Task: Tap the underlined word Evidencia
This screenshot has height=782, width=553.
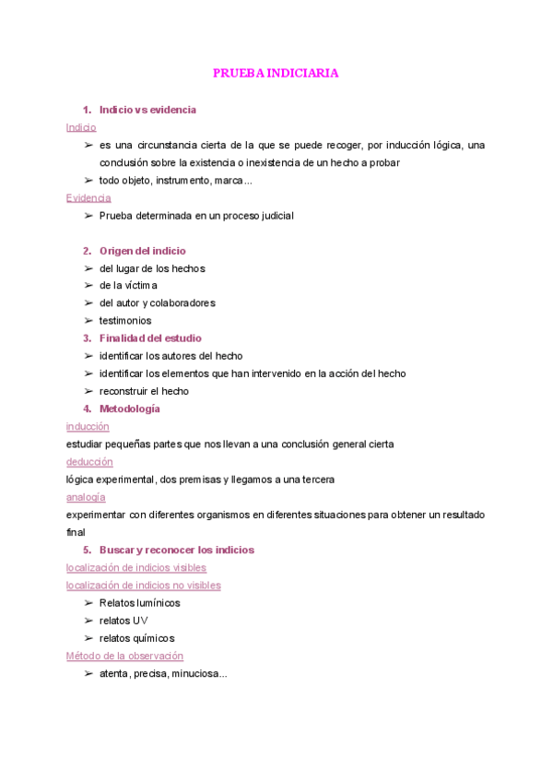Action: pos(88,197)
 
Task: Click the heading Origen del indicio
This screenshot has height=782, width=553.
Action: pos(142,251)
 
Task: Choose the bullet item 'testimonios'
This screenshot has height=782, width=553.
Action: pos(125,321)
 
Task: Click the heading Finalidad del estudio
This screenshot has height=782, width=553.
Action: pos(150,338)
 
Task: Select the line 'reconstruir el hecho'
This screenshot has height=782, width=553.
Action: pos(144,391)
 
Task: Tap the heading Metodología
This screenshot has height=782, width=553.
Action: pos(130,409)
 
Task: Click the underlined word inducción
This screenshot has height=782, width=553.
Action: pos(88,426)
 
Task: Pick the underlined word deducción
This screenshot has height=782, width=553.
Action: pos(89,461)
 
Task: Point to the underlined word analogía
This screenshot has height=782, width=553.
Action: pos(86,497)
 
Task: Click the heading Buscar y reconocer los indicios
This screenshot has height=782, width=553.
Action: pos(177,550)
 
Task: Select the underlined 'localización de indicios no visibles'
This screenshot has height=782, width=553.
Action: pos(144,585)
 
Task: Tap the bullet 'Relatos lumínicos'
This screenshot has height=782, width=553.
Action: pos(139,603)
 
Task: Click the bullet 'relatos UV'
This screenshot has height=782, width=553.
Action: pos(124,621)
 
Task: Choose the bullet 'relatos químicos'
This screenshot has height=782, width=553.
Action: pos(136,638)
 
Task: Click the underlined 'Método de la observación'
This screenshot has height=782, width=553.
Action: pos(124,656)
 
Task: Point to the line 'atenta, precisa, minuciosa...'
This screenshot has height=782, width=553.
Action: pos(163,674)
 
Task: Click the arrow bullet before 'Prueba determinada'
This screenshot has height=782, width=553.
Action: pos(88,216)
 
